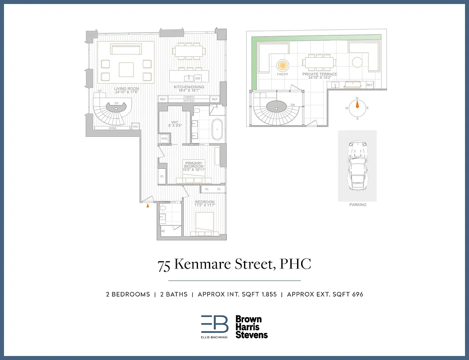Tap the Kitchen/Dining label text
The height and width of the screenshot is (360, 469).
[x=189, y=88]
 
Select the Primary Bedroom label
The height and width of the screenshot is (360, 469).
[x=194, y=166]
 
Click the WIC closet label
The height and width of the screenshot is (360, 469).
[x=176, y=124]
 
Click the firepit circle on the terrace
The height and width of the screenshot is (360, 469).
[x=282, y=65]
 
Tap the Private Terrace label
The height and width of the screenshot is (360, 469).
[x=320, y=76]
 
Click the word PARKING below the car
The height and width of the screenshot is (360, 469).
[x=358, y=205]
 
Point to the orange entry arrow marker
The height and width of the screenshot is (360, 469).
[x=148, y=206]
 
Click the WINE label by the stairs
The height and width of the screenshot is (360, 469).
[x=113, y=128]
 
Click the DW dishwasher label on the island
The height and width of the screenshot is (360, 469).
[x=198, y=78]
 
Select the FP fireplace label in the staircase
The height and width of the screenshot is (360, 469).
[x=116, y=103]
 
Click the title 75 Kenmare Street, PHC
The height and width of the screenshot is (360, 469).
[x=234, y=265]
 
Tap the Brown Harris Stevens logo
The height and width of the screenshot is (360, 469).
[x=251, y=327]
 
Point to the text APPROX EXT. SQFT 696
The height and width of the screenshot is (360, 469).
[x=325, y=294]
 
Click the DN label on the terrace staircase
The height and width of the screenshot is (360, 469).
[x=293, y=105]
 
